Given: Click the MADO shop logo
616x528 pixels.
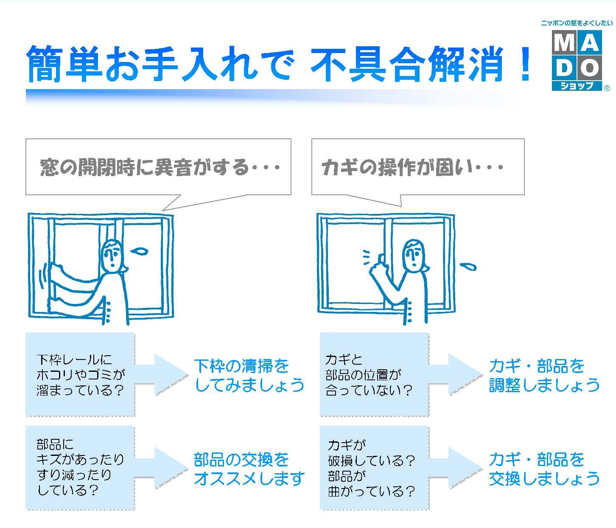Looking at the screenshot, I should pos(577,59).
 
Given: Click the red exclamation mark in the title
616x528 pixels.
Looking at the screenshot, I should pos(525,64).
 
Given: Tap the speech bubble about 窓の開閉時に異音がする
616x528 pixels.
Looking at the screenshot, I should pos(158,167).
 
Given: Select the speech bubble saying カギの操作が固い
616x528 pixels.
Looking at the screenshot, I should pos(417,167).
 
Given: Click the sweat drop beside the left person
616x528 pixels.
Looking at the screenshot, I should pos(140,252).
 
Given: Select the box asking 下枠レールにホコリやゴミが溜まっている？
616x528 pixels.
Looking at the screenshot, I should pos(80,374).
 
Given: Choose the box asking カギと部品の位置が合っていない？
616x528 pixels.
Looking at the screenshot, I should pos(374,374).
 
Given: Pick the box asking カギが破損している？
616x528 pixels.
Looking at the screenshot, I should pos(374,468).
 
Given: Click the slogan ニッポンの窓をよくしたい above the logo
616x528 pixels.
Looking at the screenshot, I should pos(577,23).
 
